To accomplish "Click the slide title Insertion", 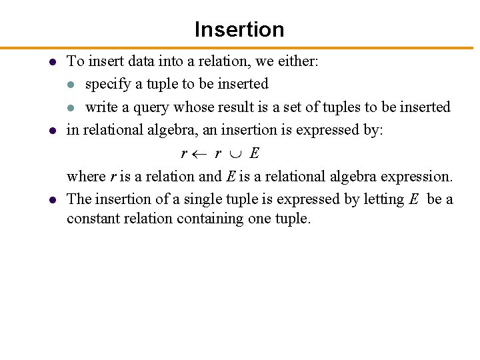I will click(x=239, y=29).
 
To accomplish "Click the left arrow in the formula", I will click(x=199, y=154).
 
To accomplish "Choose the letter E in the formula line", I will click(x=255, y=153).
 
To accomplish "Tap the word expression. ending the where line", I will click(x=419, y=177).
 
